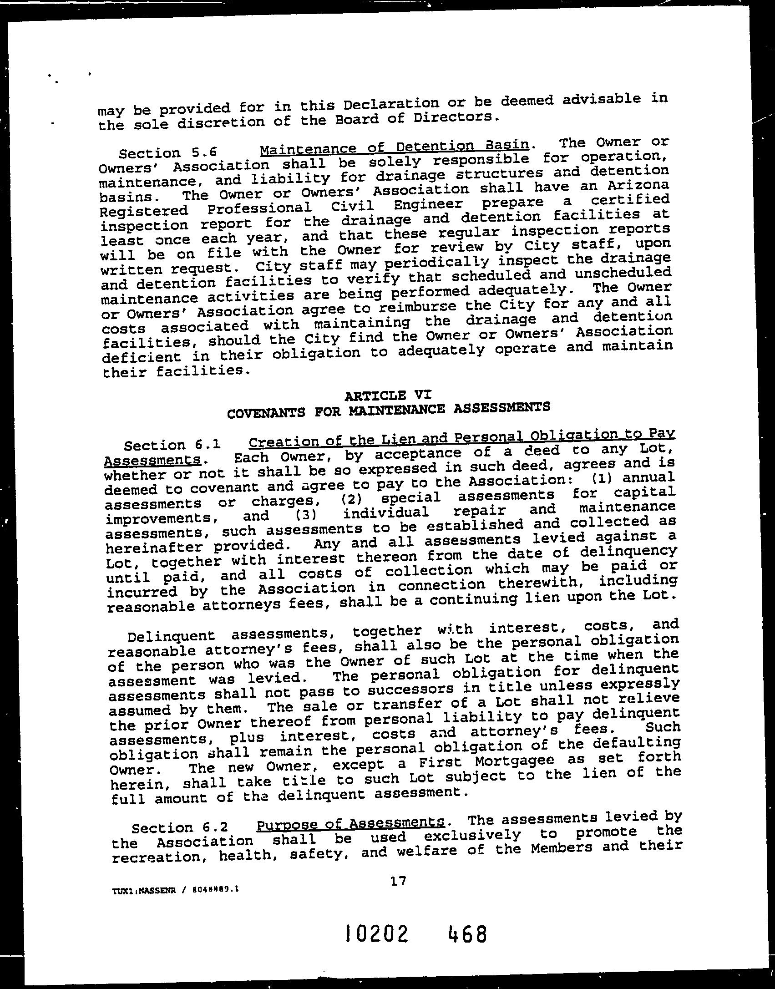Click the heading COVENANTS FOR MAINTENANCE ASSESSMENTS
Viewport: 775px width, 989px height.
point(388,409)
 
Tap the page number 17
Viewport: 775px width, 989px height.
point(397,893)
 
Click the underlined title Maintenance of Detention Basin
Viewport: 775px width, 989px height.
point(393,147)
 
